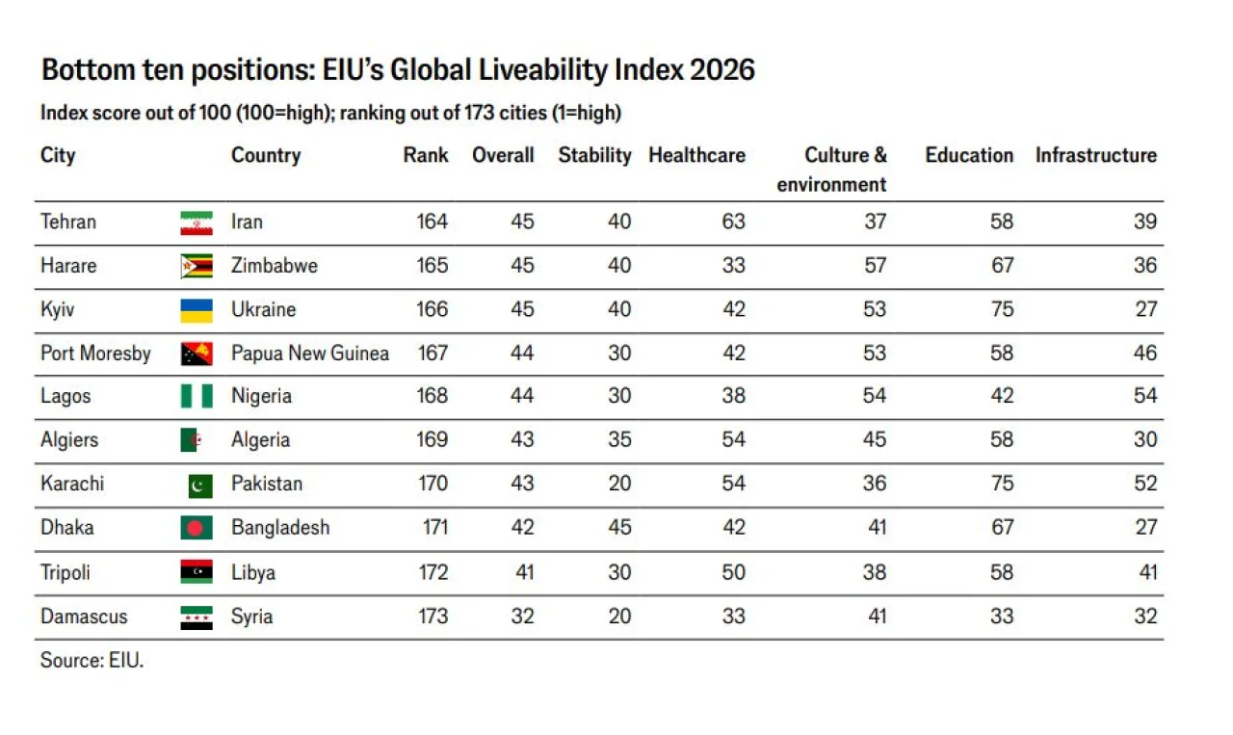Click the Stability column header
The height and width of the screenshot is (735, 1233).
(594, 156)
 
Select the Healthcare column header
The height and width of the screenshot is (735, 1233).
(696, 155)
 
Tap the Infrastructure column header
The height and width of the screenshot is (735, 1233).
(1096, 155)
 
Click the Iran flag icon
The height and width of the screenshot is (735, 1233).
(197, 223)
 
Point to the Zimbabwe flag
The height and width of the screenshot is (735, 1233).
(197, 266)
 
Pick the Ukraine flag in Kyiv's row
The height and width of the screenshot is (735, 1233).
(197, 310)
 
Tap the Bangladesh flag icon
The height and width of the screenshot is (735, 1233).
(197, 528)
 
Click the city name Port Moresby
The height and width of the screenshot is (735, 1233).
(95, 354)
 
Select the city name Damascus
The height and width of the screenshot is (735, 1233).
(84, 617)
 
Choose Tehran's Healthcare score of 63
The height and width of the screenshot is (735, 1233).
(733, 222)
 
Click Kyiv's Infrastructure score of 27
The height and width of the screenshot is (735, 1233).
(1145, 309)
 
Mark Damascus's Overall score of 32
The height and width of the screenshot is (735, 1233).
(522, 617)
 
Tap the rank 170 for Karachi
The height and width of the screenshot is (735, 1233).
(433, 484)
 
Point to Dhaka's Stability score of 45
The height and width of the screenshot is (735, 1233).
(619, 528)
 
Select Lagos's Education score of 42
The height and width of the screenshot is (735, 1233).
(1002, 396)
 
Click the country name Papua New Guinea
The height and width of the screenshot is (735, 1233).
(310, 353)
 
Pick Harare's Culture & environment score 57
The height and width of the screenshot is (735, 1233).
(875, 265)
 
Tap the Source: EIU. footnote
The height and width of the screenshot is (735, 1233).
(92, 660)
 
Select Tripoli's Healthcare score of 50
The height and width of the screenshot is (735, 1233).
(733, 572)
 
